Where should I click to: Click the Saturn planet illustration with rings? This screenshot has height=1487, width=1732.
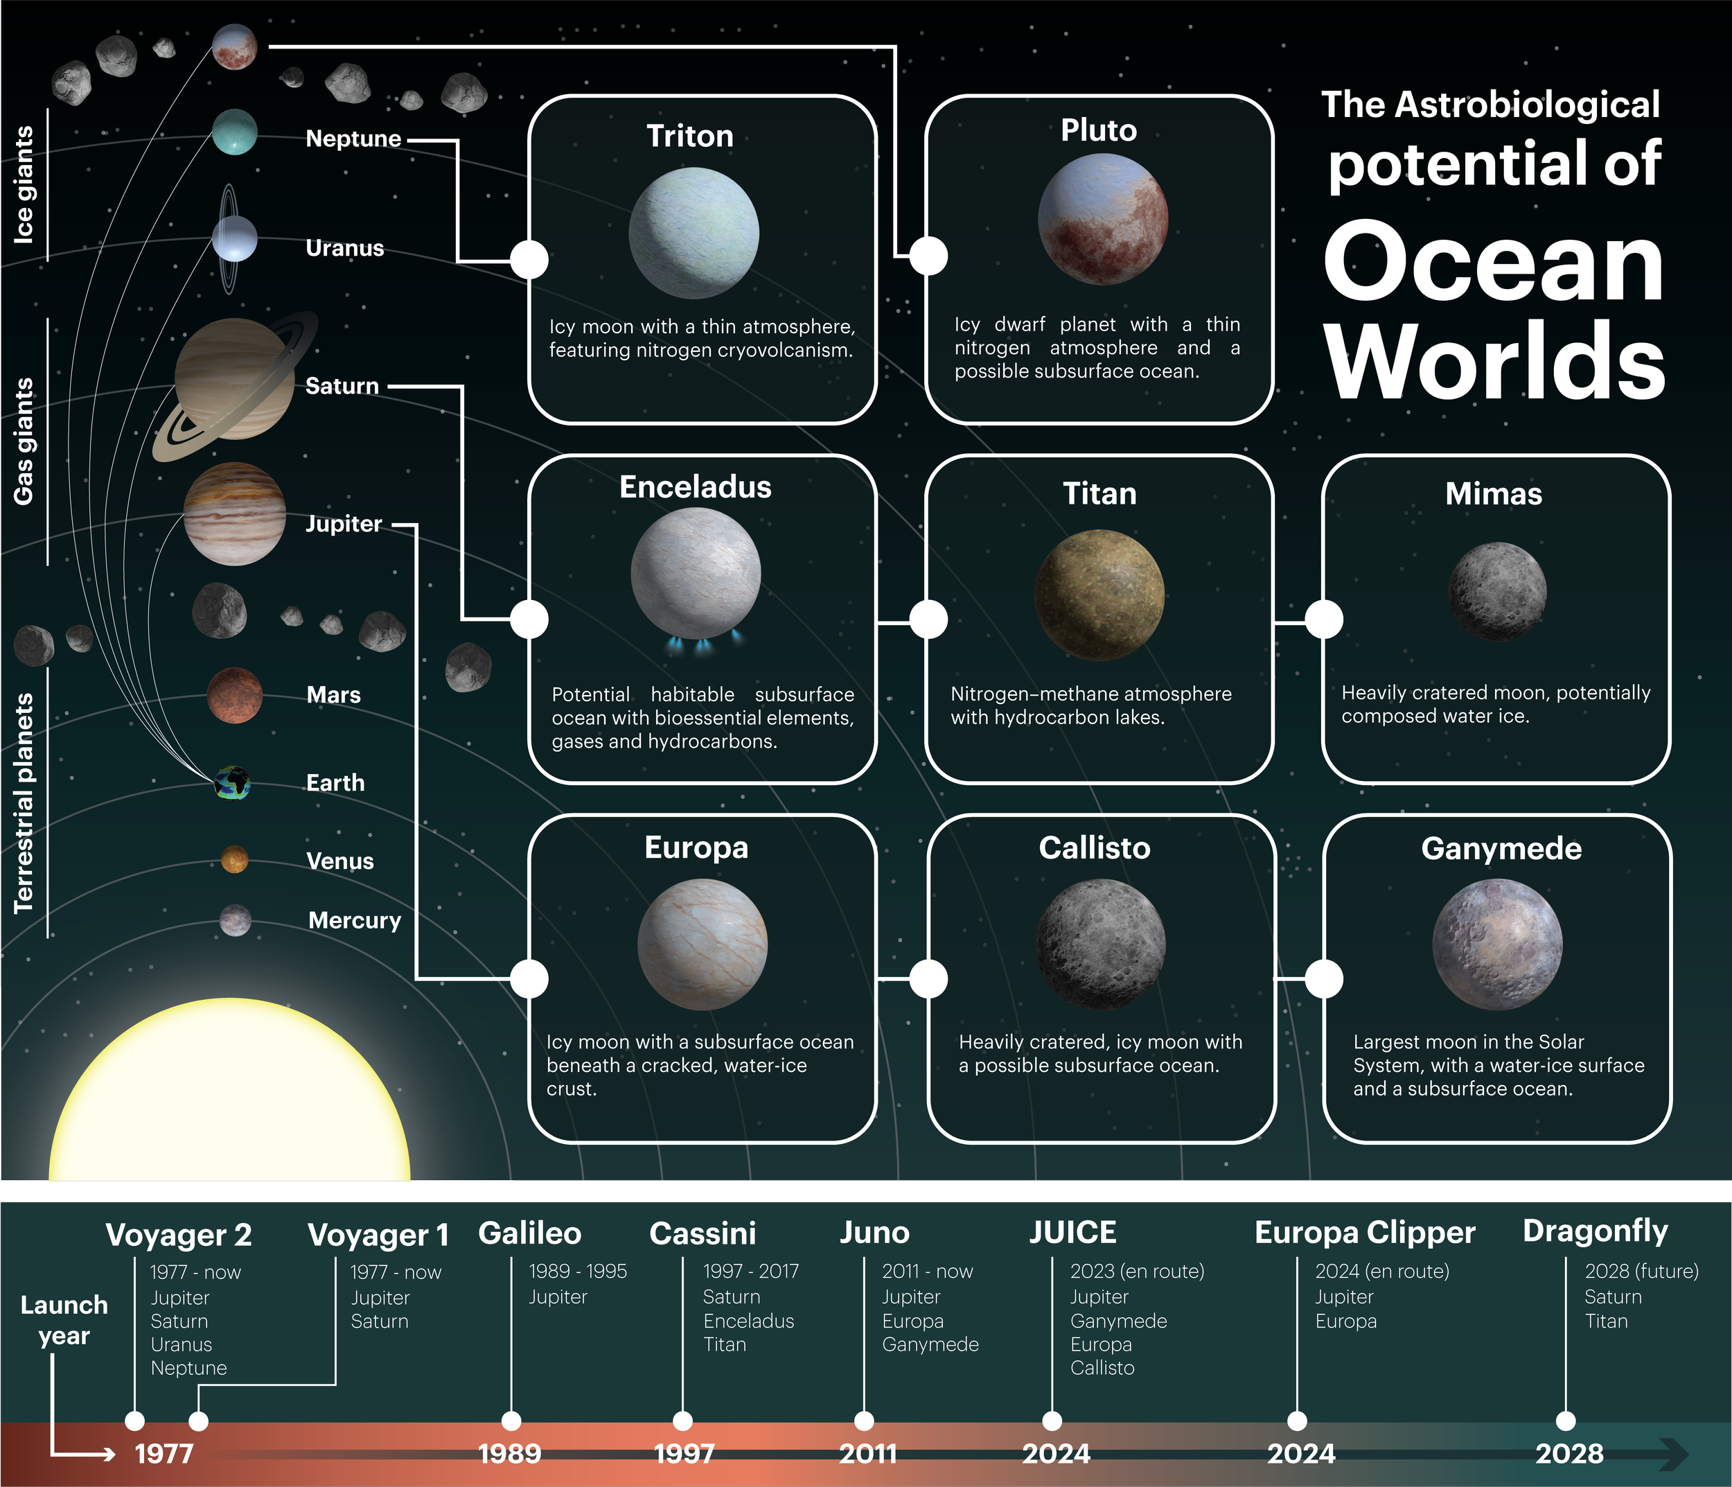point(235,380)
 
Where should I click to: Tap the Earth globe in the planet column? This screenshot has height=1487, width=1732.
point(232,783)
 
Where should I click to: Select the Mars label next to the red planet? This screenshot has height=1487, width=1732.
point(333,694)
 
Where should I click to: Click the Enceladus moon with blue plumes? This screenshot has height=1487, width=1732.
point(696,574)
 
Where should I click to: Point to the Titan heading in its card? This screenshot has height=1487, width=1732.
point(1099,494)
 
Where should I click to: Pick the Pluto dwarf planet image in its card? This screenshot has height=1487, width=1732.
point(1102,219)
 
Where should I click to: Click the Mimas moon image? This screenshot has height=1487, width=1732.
point(1496,591)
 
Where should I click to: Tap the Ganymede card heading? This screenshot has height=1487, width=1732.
point(1501,848)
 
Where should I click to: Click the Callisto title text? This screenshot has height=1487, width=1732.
point(1094,847)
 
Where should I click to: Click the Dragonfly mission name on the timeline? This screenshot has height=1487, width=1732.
point(1595,1231)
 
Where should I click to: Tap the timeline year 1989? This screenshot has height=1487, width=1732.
point(510,1454)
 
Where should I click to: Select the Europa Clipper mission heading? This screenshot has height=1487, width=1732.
point(1364,1233)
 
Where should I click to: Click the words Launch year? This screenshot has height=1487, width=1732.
point(64,1320)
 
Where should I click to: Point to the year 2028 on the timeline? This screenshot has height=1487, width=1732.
point(1569,1454)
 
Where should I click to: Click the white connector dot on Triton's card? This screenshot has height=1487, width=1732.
point(529,259)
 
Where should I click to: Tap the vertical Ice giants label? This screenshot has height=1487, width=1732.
point(24,185)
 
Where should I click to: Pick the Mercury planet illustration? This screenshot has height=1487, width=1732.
point(235,920)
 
